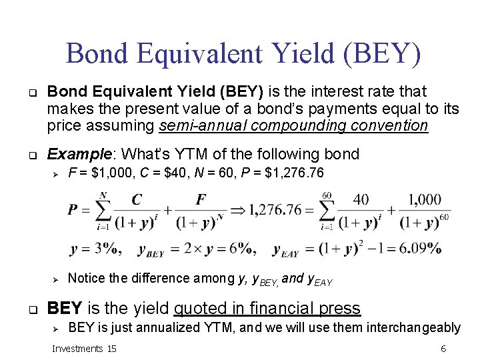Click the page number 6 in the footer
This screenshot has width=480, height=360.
pos(443,349)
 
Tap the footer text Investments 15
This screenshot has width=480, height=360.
pos(84,349)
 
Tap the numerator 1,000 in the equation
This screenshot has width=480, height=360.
pos(424,199)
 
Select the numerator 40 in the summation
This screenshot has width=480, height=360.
pos(361,199)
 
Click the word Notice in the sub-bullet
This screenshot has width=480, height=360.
pos(89,278)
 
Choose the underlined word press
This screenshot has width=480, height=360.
pos(339,308)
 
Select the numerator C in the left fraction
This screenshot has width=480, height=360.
pos(137,200)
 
